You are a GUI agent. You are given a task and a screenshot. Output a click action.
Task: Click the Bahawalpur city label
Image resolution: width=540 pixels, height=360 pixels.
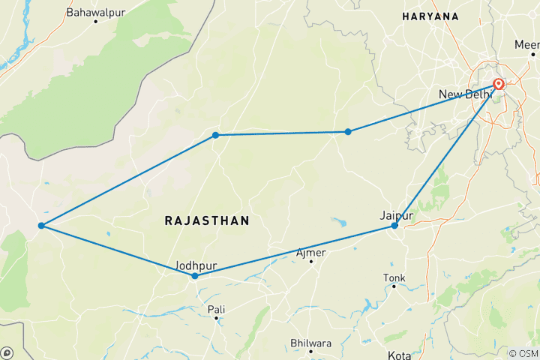click(x=96, y=12)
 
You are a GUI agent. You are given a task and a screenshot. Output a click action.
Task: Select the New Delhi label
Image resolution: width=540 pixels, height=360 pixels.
click(x=464, y=94)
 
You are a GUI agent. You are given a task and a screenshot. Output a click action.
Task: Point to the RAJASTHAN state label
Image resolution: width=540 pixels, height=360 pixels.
click(x=206, y=220)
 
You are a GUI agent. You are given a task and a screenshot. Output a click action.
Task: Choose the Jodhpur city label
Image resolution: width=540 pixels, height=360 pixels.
click(x=195, y=265)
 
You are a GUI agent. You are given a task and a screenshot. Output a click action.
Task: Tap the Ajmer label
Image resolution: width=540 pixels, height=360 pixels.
click(x=311, y=253)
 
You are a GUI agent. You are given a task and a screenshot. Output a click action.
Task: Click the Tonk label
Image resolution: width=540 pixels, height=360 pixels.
click(x=394, y=277)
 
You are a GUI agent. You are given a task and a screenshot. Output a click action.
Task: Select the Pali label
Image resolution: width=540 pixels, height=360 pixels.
click(x=216, y=308)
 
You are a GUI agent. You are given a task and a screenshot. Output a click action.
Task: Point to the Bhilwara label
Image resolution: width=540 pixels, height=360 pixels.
click(x=311, y=343)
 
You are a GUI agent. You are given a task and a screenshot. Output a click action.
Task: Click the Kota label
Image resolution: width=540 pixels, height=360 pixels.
click(x=398, y=355)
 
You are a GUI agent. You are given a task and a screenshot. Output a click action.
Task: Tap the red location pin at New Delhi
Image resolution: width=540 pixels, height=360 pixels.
click(x=498, y=84)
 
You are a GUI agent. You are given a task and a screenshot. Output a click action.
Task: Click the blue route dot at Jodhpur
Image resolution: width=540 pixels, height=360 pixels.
click(x=195, y=276)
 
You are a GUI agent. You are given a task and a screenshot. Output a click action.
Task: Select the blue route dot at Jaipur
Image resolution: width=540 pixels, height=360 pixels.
click(x=394, y=225)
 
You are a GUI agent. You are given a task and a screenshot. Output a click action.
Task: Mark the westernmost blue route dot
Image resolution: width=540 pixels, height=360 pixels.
click(x=40, y=226)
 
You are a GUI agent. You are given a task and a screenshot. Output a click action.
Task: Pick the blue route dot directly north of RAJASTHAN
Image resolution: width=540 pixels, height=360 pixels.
click(x=215, y=135)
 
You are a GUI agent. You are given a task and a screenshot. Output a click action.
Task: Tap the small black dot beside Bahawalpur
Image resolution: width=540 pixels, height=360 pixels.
click(x=96, y=21)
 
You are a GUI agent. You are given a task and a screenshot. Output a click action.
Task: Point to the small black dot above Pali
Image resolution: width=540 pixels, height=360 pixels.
click(x=216, y=318)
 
